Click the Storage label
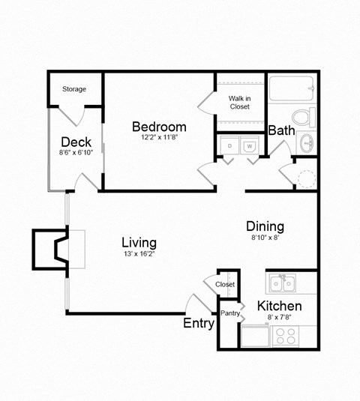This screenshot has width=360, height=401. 73,89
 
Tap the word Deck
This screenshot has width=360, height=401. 76,142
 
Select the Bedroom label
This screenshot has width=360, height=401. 159,126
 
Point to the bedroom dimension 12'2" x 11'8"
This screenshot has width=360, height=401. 159,138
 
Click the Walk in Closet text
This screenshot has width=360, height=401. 239,102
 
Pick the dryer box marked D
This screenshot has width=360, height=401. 228,145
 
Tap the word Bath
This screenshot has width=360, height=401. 281,130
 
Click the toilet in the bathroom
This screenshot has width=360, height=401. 304,118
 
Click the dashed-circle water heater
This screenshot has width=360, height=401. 307,178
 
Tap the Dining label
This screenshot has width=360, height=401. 265,226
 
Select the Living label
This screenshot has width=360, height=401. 139,243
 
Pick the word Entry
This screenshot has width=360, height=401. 199,324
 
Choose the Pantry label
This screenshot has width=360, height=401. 229,313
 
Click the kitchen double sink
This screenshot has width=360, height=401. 282,283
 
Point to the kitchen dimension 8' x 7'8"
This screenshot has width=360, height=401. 279,318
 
